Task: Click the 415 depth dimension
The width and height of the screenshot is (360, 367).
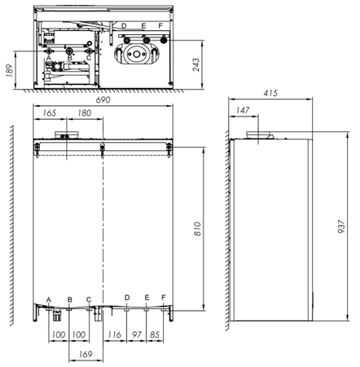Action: point(270,95)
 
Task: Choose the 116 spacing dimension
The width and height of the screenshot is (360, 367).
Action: point(114,335)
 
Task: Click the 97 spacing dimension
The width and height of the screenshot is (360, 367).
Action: point(137,335)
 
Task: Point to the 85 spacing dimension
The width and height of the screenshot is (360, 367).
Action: point(155,335)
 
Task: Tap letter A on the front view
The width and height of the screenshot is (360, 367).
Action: point(50,299)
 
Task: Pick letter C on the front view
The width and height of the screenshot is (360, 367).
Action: point(89,299)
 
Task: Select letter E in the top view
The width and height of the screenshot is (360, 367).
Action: point(143,26)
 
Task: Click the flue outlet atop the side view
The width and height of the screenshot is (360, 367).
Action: point(260,133)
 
